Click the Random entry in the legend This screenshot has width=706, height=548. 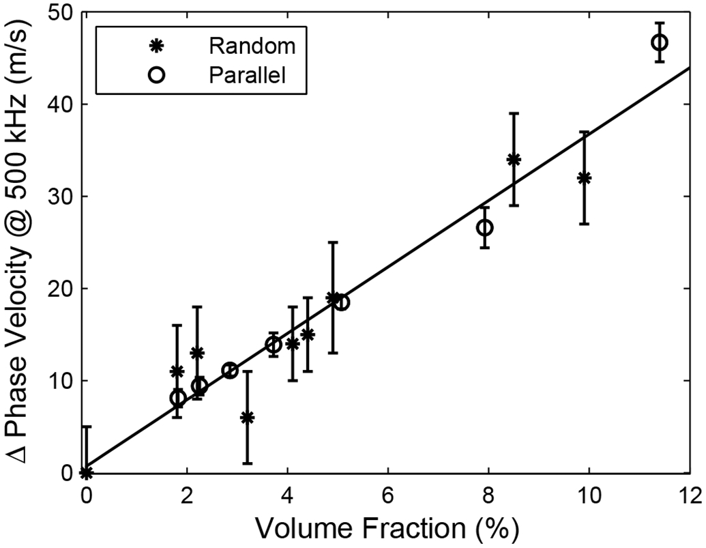[x=252, y=46]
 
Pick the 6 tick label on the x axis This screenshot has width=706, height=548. [x=388, y=493]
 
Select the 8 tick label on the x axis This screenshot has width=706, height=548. [x=488, y=493]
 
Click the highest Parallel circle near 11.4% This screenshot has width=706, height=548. [x=659, y=42]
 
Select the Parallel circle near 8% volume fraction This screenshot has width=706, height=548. [x=484, y=227]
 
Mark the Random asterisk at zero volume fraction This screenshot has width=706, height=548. [x=86, y=472]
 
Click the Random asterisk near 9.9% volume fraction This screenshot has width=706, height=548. [x=584, y=178]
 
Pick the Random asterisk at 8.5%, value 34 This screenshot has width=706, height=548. [x=514, y=160]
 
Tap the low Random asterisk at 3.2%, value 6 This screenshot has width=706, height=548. [x=247, y=418]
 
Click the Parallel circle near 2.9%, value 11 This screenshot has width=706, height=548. [x=230, y=371]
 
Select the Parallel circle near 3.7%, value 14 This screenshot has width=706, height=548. [x=273, y=345]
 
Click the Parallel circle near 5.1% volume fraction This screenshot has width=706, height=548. [x=342, y=302]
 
